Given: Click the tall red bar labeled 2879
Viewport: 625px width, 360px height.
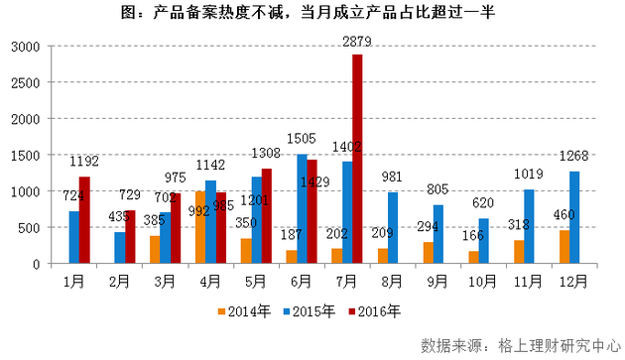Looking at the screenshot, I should [356, 159].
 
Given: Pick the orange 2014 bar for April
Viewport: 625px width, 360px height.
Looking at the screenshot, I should [200, 227].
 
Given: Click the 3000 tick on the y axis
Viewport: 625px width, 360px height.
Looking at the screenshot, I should [26, 47].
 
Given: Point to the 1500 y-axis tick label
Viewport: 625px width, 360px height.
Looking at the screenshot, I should [26, 155].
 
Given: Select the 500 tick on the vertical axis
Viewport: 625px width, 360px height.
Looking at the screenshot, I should [29, 227].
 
